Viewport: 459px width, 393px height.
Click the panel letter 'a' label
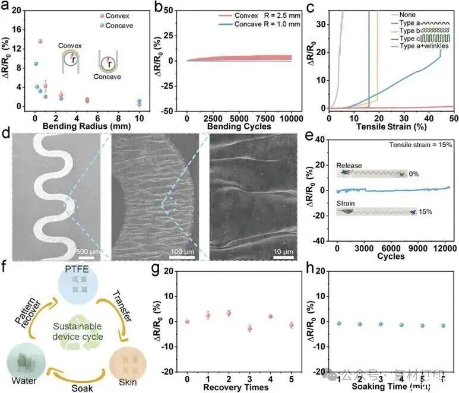[x=7, y=7]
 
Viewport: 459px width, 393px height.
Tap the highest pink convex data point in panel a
[x=40, y=42]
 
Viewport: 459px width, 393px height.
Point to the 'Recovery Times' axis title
[x=238, y=387]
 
